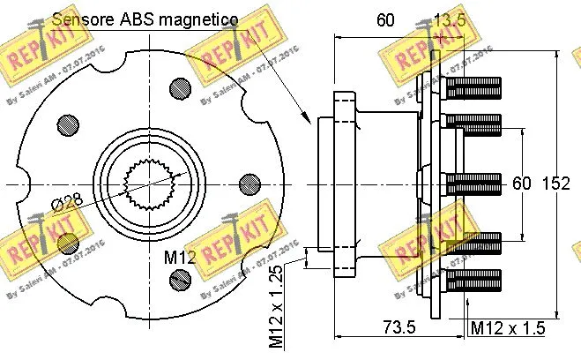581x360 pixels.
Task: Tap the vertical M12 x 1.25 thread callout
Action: (276, 303)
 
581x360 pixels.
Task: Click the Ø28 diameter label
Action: (68, 201)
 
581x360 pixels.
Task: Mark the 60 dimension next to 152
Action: (522, 184)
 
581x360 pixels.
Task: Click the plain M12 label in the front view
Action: (179, 257)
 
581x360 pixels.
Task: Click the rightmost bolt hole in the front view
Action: (250, 184)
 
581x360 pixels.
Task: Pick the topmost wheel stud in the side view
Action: (473, 88)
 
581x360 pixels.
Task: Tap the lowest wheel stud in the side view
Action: (473, 281)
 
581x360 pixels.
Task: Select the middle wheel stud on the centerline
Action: (473, 184)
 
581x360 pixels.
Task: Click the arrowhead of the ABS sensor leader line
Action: (305, 121)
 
